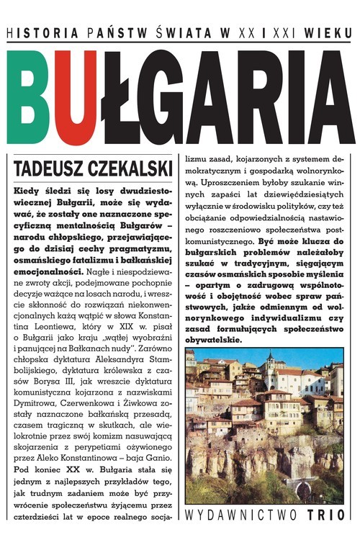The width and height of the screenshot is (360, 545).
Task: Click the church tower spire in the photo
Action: click(270, 358)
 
